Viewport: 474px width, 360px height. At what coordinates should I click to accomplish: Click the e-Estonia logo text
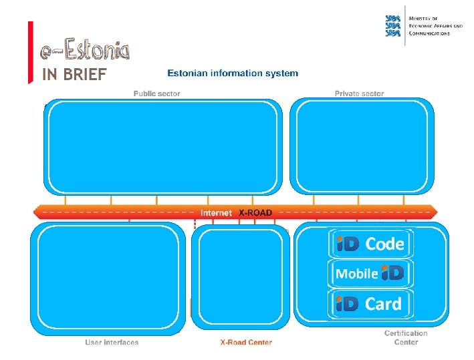click(84, 49)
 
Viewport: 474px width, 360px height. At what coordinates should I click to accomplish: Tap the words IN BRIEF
click(74, 74)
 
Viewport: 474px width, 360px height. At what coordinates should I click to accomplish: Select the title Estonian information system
click(233, 73)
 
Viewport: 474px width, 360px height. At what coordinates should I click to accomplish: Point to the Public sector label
click(156, 94)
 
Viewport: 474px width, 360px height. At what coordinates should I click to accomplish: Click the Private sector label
click(359, 94)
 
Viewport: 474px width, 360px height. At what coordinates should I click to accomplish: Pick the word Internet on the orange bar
click(216, 212)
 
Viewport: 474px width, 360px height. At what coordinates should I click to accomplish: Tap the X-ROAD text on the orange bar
click(255, 212)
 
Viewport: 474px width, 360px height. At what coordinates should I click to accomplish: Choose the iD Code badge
click(370, 244)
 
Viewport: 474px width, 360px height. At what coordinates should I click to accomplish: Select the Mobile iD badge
click(370, 273)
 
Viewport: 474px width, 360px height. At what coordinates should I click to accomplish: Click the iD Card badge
click(370, 304)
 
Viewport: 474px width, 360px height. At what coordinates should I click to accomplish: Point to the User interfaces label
click(112, 343)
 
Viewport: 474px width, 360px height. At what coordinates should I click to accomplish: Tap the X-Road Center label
click(246, 343)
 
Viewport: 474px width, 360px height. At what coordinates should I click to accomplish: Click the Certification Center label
click(406, 337)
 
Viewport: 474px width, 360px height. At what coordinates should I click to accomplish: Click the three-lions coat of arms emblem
click(394, 26)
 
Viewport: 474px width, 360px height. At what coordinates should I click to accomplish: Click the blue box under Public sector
click(161, 147)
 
